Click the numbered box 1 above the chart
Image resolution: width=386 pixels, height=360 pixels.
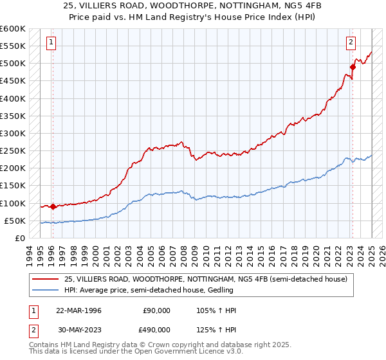tap(51, 43)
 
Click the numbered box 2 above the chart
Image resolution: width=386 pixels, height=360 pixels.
tap(351, 43)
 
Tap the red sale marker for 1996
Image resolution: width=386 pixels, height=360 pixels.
tap(53, 206)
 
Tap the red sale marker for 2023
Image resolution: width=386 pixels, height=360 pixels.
tap(353, 66)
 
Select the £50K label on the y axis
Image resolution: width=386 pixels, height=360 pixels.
tap(15, 221)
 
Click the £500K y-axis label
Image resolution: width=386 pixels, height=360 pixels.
tap(13, 63)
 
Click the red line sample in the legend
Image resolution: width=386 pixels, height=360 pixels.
tap(46, 279)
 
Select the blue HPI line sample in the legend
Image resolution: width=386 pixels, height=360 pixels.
tap(46, 290)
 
